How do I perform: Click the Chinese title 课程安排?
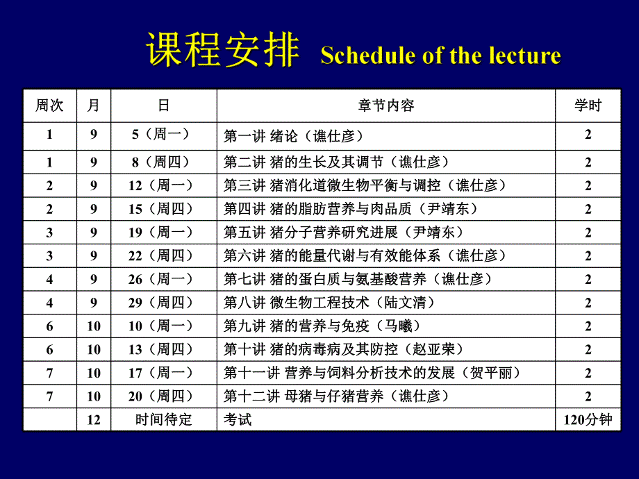tap(222, 51)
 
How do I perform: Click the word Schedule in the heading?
tap(363, 56)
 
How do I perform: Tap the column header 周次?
tap(49, 106)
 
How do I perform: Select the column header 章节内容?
tap(386, 106)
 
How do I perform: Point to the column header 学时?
tap(588, 106)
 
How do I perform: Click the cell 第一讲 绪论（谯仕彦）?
tap(294, 135)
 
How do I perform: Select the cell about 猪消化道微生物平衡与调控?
tap(365, 185)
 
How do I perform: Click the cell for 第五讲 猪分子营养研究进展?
tap(344, 232)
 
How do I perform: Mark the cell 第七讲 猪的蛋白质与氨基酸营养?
tap(358, 279)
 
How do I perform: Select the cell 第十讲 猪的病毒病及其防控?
tap(344, 349)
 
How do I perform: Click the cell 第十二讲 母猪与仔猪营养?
tap(337, 396)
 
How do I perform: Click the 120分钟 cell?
tap(588, 420)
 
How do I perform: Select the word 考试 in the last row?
tap(238, 420)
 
